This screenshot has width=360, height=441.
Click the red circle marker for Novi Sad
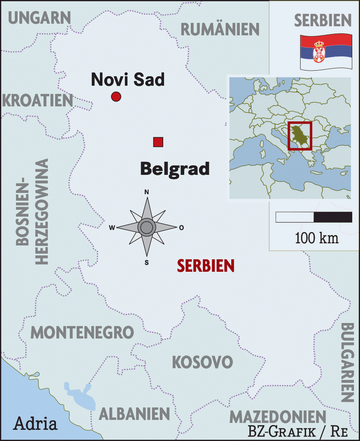coord(116,97)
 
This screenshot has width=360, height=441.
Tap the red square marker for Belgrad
coord(158,142)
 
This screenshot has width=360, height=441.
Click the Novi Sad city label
coord(128,79)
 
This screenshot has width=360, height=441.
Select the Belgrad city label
coord(175,168)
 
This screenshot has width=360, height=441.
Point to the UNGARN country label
coord(39,18)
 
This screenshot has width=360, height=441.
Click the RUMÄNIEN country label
coord(220,29)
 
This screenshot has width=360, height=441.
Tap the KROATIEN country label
coord(37,100)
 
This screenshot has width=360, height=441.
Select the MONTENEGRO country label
coord(82,332)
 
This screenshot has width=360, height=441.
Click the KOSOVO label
coord(202,362)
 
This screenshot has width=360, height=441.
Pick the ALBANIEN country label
coord(134,414)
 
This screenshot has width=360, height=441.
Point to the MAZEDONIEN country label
coord(277,417)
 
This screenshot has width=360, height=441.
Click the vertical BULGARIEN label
coord(348,362)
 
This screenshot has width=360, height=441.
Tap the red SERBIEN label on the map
coord(206,266)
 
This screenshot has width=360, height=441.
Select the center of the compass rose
coord(147,227)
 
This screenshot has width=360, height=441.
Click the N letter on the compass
coord(146,192)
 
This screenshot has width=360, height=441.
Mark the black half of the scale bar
coord(333,217)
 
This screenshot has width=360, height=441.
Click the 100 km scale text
coord(317,238)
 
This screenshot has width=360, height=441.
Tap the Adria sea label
coord(35,424)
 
